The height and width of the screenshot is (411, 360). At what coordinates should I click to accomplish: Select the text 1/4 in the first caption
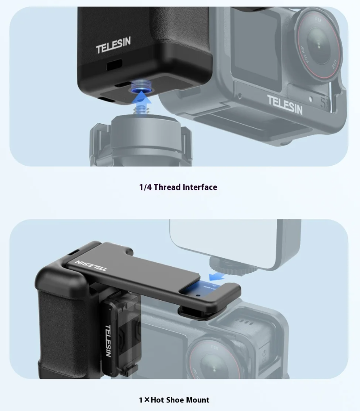click(145, 187)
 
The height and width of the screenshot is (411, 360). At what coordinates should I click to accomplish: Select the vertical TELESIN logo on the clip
click(108, 341)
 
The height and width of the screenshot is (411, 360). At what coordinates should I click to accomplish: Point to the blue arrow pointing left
click(217, 276)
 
